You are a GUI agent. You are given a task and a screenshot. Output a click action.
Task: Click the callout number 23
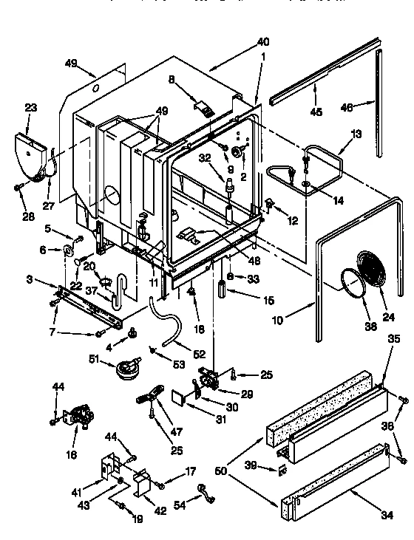(x=30, y=108)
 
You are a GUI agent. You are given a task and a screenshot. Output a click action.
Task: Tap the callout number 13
(x=356, y=134)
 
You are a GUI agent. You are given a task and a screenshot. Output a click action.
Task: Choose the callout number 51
(x=93, y=360)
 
